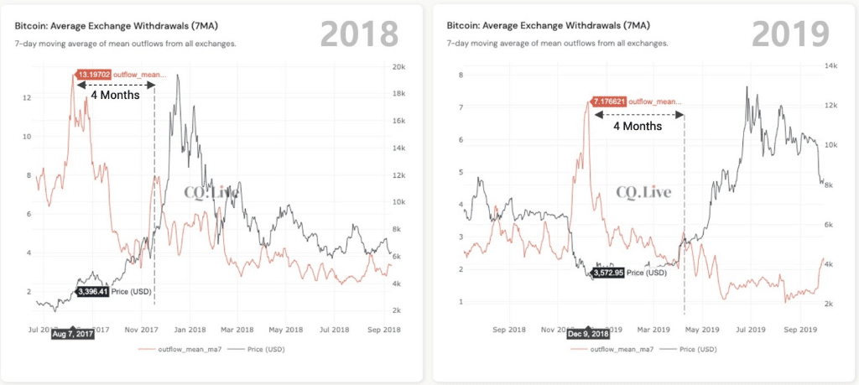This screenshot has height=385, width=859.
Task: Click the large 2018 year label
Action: tap(359, 33)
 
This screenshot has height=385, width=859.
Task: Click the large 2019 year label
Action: tap(789, 33)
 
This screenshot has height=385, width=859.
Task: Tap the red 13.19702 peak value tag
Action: tap(92, 75)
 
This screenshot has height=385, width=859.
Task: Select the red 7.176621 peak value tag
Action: tap(608, 101)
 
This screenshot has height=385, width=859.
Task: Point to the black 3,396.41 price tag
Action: tap(92, 291)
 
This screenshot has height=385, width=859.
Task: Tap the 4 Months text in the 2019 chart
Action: tap(638, 126)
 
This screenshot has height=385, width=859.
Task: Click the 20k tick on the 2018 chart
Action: tap(399, 67)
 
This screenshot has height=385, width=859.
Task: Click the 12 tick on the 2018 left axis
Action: tap(29, 98)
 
